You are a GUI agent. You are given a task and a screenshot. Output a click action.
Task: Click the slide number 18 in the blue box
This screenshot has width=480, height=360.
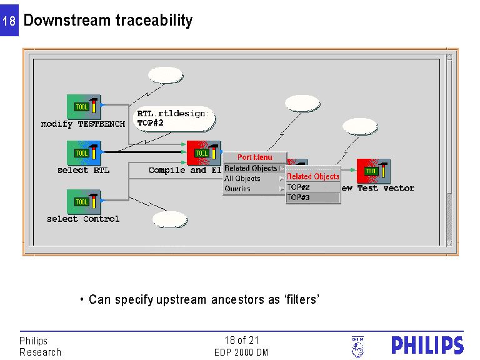point(9,21)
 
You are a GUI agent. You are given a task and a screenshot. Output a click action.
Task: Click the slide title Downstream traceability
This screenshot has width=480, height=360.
point(107,20)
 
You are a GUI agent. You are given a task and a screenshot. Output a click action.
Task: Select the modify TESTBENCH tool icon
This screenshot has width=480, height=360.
point(84,107)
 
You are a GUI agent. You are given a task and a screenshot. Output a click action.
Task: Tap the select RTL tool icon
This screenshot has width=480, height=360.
point(84,153)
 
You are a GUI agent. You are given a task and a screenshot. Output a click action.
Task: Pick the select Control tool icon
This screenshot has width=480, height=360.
point(84,202)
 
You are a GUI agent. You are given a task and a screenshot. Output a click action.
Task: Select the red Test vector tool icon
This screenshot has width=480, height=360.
point(373,171)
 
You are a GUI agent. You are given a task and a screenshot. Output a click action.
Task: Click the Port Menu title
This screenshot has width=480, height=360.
point(254,157)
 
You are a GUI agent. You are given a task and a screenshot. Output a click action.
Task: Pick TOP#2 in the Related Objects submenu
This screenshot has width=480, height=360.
point(299,187)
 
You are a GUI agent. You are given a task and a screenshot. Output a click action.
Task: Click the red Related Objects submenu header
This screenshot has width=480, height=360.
point(313,176)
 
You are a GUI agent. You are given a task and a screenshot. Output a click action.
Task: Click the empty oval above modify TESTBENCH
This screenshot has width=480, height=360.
point(166,75)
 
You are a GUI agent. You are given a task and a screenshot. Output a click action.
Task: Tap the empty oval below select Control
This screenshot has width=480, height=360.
point(170,219)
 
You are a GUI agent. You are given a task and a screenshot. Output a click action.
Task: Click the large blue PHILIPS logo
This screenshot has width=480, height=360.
point(427,346)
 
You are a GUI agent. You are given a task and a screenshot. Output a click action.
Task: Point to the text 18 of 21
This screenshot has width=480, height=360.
point(241,341)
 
